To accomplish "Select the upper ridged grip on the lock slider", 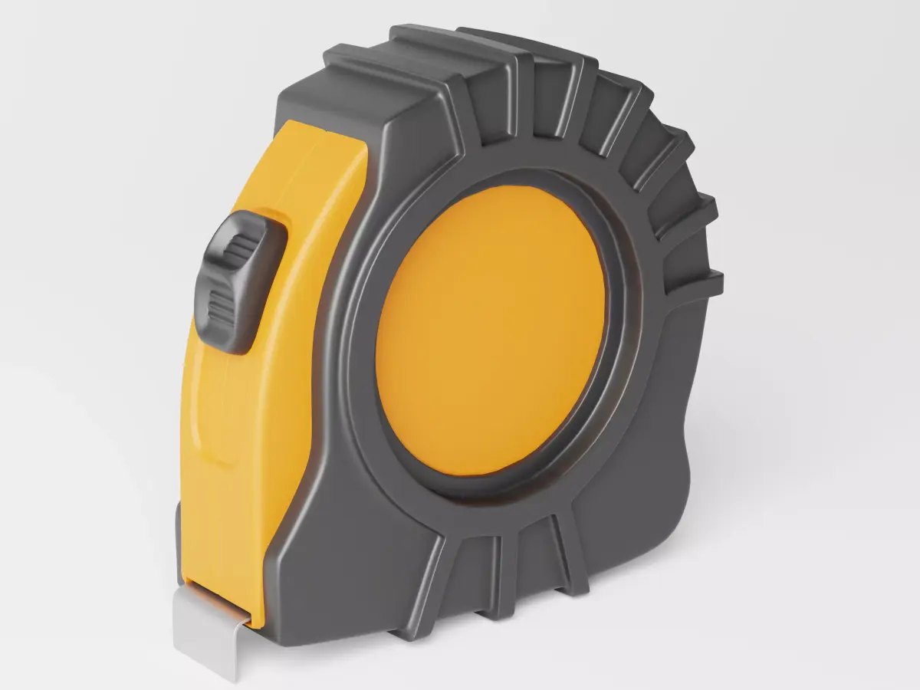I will [242, 248].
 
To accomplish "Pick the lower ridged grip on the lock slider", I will [222, 307].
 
